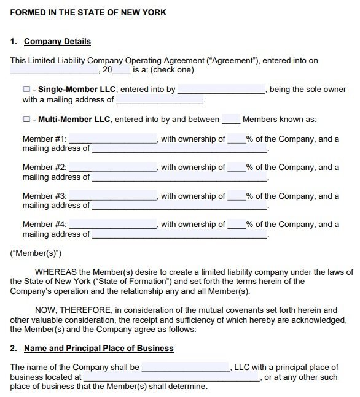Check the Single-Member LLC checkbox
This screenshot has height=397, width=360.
click(26, 90)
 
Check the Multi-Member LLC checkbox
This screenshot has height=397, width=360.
click(26, 120)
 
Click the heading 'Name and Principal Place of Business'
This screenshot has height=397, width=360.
click(98, 348)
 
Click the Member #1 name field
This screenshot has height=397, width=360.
click(114, 139)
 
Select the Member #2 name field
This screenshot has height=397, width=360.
click(114, 168)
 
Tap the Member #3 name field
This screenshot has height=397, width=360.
click(114, 196)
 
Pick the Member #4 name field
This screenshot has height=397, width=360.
click(114, 225)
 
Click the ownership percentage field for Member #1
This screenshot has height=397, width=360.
click(237, 139)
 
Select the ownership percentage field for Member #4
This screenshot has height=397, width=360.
click(237, 225)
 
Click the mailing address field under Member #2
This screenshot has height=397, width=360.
click(179, 177)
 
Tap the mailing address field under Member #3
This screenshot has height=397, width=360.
click(179, 206)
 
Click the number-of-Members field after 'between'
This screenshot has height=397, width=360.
click(231, 120)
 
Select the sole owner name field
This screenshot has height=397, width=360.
click(221, 90)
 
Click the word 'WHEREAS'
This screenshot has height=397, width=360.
click(57, 272)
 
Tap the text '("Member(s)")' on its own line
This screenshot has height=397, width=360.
click(36, 253)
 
